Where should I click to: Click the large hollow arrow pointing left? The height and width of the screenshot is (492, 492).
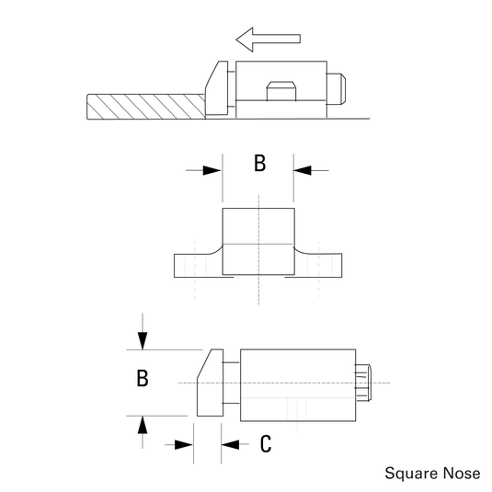267,39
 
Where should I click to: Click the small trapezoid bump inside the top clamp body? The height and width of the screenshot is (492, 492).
280,92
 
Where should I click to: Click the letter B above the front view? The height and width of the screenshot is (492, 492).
259,164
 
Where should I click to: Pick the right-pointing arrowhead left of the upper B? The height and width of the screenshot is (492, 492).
212,170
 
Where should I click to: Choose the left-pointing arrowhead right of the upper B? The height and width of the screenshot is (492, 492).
304,170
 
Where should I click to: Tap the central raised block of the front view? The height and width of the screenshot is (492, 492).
259,241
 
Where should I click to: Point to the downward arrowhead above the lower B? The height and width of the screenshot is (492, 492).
143,341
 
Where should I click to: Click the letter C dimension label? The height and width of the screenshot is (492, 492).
265,444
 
